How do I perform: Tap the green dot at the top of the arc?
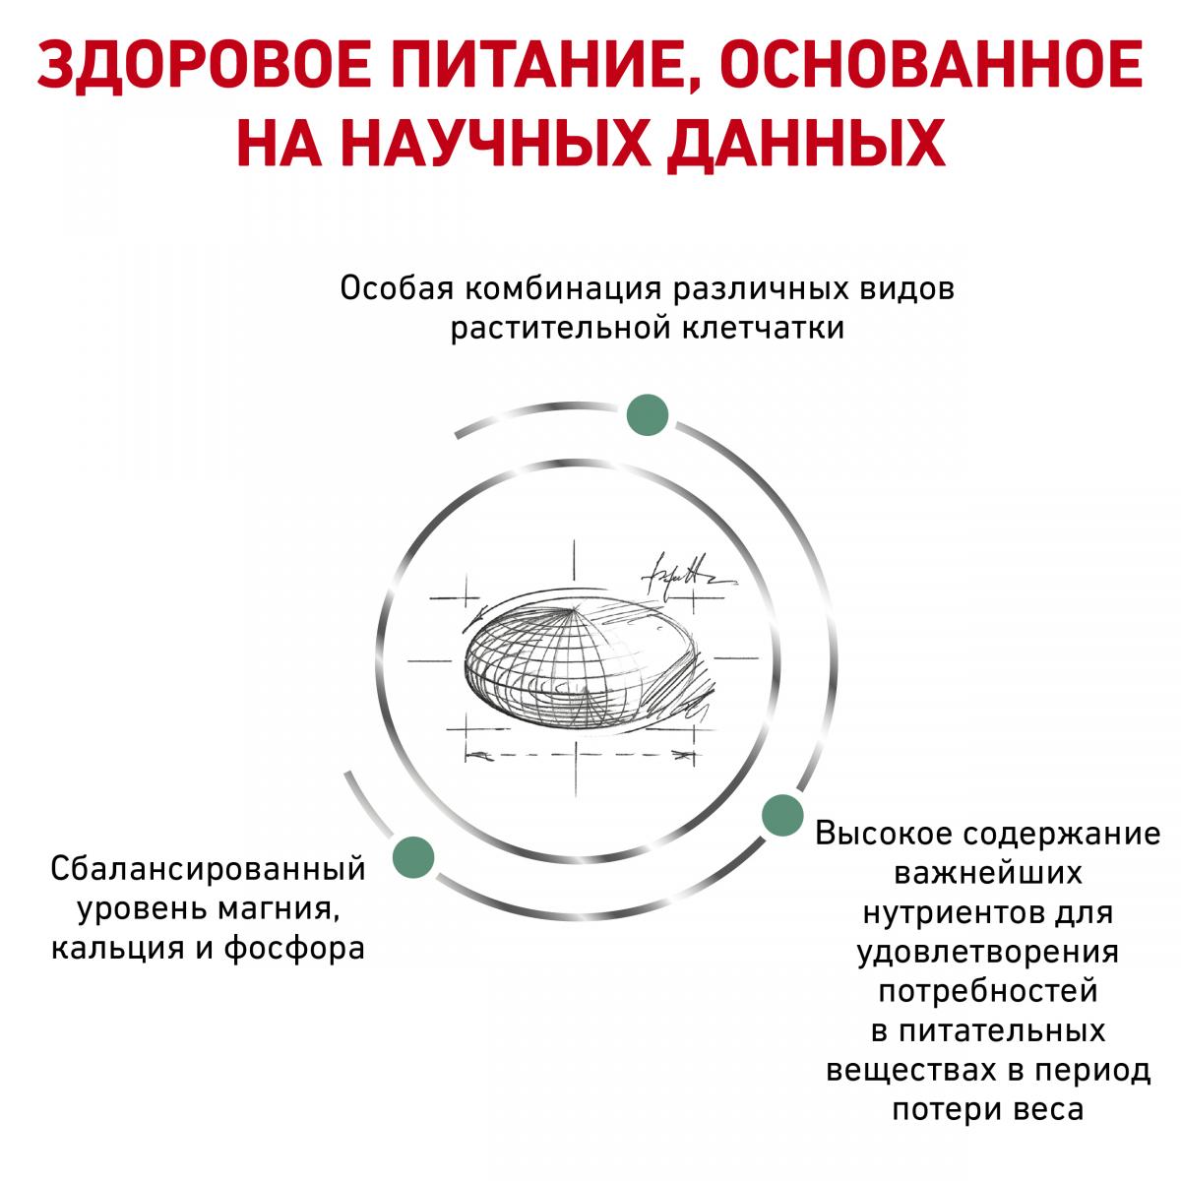[x=648, y=415]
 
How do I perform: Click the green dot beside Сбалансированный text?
[x=413, y=857]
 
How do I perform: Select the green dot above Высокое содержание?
[x=782, y=815]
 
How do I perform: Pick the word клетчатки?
[x=763, y=328]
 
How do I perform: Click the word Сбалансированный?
[x=209, y=870]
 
